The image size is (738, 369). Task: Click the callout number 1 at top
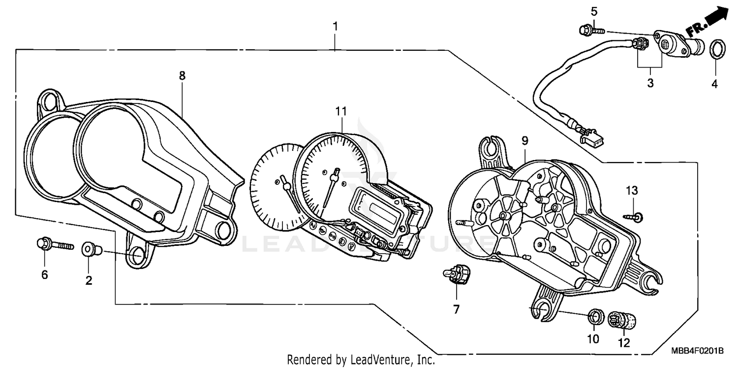tap(335, 26)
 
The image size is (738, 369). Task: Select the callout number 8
tap(182, 76)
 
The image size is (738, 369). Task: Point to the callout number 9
tap(525, 141)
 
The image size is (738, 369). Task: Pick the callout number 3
tap(650, 83)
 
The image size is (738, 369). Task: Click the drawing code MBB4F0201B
tap(697, 351)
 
